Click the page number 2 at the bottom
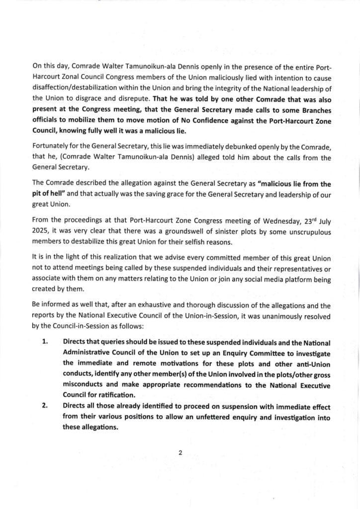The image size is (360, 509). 180,453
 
